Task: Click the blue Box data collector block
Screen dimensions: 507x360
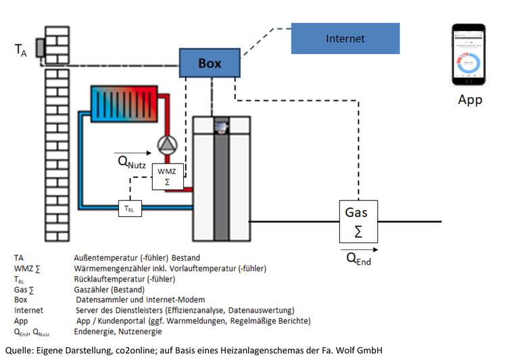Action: coord(210,63)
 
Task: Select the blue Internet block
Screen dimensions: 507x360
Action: coord(345,38)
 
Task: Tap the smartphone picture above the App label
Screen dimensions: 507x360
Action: coord(468,54)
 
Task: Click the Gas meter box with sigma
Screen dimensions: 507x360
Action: coord(358,222)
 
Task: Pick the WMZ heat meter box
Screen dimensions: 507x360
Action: coord(168,176)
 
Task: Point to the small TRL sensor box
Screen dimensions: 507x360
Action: coord(130,209)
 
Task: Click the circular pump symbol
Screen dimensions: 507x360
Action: coord(167,145)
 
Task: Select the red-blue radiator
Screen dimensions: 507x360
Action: coord(124,104)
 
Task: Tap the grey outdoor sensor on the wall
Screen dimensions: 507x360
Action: coord(40,48)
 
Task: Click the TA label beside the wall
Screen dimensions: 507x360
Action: coord(21,50)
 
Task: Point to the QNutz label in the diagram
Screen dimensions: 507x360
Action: coord(132,162)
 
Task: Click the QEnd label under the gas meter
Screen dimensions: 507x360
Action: coord(358,259)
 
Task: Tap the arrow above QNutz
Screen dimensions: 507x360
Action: coord(132,153)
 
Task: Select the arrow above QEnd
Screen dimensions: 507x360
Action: coord(359,249)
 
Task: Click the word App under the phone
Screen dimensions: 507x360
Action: coord(470,100)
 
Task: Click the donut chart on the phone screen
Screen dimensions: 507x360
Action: coord(468,62)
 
